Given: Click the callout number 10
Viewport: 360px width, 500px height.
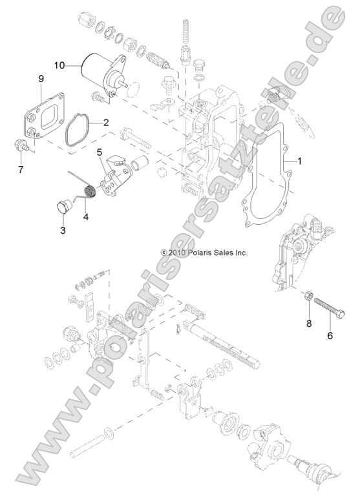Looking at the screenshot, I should (59, 65).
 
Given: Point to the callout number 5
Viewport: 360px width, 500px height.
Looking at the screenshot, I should (100, 152).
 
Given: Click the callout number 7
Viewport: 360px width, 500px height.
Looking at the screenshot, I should (21, 170).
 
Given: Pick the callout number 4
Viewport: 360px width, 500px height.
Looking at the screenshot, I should (85, 216).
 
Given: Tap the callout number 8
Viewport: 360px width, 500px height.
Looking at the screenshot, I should (309, 322).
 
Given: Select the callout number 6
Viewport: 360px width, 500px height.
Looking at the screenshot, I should (330, 336).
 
